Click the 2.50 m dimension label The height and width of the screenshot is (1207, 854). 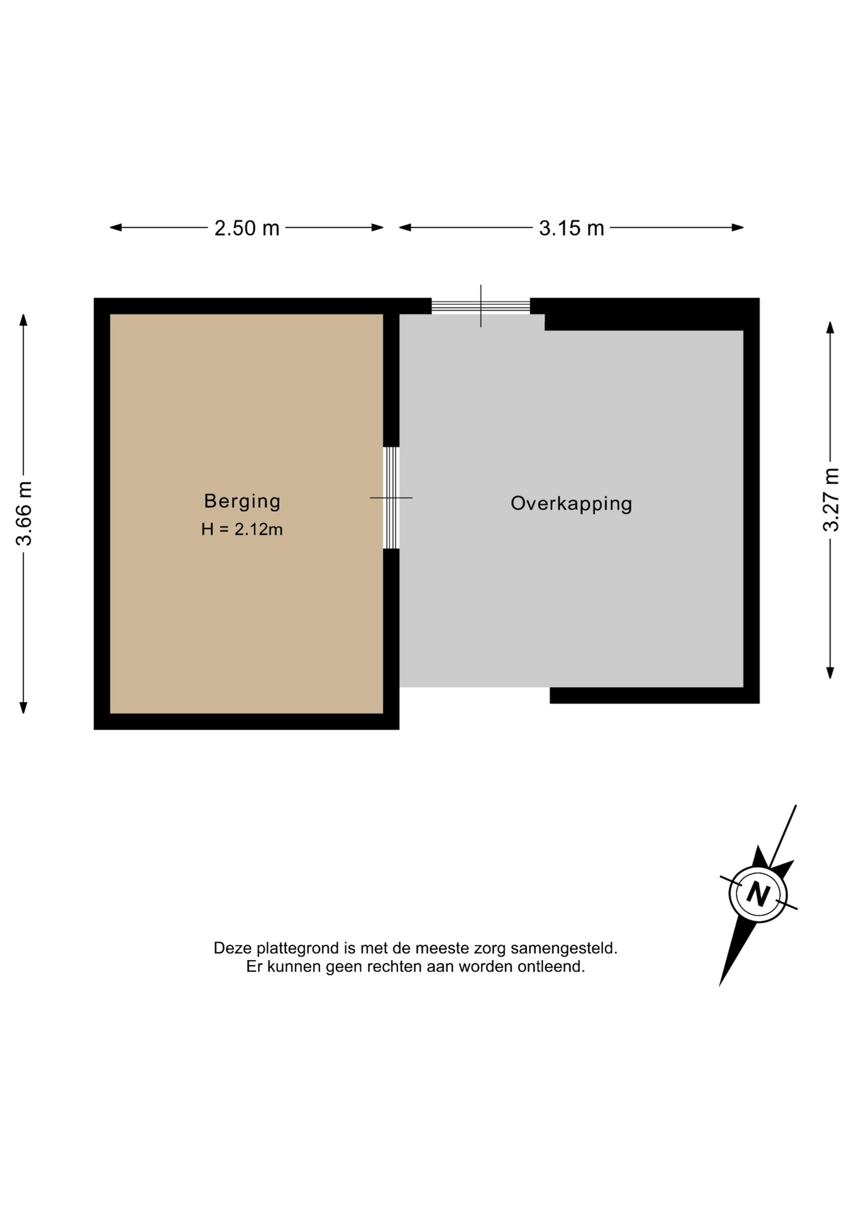click(x=247, y=228)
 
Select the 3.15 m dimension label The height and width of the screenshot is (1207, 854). click(x=571, y=228)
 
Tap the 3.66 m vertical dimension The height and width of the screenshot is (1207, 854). click(x=24, y=513)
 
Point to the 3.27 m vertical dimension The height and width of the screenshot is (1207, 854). click(x=830, y=500)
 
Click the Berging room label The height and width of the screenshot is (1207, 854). click(x=242, y=501)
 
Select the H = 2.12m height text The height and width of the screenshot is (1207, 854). click(x=242, y=529)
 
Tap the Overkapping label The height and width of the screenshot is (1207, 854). click(x=571, y=504)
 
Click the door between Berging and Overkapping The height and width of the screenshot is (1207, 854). click(x=391, y=497)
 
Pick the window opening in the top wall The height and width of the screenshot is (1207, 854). click(x=480, y=306)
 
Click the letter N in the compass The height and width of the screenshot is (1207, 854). click(x=758, y=893)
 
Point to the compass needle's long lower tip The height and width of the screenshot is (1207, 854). click(x=721, y=984)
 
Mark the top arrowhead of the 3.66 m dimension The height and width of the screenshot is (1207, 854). click(x=23, y=320)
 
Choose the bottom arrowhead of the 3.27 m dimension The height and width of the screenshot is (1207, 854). click(x=830, y=673)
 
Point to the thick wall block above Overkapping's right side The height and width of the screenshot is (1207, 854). click(x=644, y=314)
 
